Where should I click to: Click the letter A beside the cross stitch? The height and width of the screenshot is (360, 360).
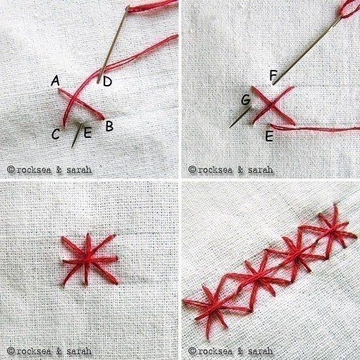tap(55, 81)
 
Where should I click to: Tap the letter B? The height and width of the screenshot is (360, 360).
tap(109, 126)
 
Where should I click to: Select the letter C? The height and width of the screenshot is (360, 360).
tap(56, 134)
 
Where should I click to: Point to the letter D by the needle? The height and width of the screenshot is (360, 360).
tap(107, 81)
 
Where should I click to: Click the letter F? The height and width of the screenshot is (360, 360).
tap(273, 75)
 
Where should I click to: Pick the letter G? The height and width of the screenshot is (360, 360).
tap(246, 99)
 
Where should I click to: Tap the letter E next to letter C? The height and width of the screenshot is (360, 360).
tap(88, 133)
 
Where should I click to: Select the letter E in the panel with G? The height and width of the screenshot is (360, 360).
tap(269, 136)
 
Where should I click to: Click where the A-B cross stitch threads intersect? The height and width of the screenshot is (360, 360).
tap(74, 99)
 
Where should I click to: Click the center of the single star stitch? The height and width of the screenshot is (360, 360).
tap(89, 259)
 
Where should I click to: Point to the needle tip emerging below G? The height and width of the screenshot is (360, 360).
tap(230, 128)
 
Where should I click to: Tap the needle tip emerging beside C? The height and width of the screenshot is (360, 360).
tap(72, 148)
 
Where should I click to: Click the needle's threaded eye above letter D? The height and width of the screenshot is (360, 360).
tap(128, 8)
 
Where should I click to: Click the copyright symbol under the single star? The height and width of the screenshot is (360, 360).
tap(11, 351)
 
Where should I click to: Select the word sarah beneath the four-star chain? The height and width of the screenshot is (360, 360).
tap(260, 351)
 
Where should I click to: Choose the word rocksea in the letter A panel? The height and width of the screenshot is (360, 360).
tap(34, 170)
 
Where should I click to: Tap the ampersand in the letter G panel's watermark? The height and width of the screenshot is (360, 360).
tap(241, 170)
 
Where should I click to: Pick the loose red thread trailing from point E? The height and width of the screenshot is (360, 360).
tap(314, 128)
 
